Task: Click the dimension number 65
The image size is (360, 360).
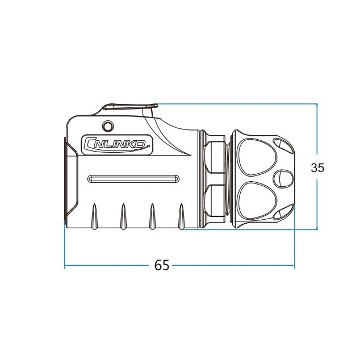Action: pos(162,265)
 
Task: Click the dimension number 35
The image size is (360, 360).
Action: pos(317,168)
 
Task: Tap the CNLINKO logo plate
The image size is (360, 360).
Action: pos(118,145)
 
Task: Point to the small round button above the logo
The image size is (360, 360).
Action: pos(108,126)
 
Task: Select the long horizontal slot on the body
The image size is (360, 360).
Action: pos(133,179)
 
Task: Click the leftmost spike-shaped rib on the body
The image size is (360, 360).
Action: pos(94,216)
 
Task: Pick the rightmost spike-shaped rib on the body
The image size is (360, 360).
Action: pos(182,216)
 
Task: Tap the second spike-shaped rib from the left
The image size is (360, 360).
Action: pos(124,216)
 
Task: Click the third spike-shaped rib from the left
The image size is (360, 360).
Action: pos(152,216)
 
